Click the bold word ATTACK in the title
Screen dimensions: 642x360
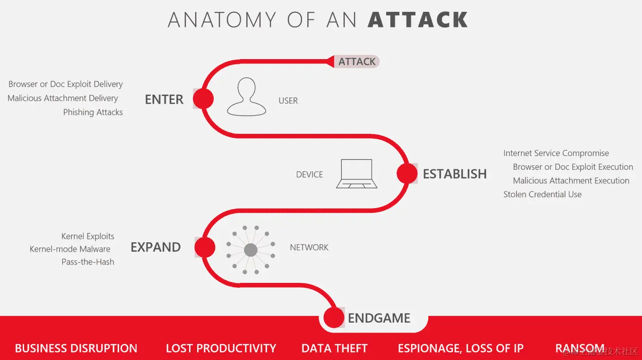(418, 20)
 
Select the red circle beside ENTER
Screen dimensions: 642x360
(203, 99)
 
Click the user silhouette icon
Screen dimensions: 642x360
(247, 97)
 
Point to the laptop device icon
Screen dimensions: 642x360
(356, 174)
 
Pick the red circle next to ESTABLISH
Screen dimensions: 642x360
(407, 174)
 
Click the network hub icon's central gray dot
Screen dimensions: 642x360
(251, 250)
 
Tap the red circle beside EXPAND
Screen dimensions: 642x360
(205, 247)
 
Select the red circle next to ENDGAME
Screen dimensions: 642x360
(334, 317)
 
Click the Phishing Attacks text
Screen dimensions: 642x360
(93, 113)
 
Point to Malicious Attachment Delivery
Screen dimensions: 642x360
(63, 98)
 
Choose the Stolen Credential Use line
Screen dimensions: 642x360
(542, 194)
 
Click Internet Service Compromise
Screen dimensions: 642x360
(556, 153)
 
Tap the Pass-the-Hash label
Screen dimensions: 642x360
(88, 262)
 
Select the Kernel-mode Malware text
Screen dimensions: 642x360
(70, 249)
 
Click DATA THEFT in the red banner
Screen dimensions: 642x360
(334, 349)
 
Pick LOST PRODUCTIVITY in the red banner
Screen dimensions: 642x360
(221, 349)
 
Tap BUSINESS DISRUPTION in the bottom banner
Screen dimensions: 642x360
(76, 349)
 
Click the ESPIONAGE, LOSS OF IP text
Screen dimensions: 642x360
(460, 349)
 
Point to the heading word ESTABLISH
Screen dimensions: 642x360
(454, 174)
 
